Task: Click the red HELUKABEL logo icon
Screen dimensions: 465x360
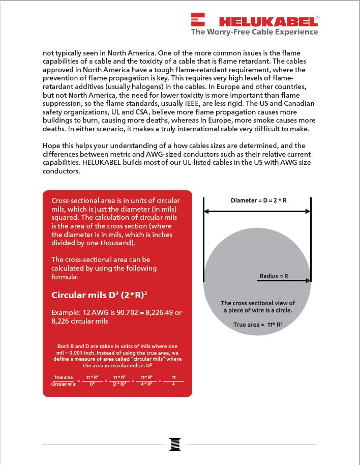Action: coord(197,20)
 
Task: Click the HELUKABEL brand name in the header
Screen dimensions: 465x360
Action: coord(266,21)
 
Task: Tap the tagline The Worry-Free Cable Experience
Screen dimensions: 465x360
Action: coord(254,32)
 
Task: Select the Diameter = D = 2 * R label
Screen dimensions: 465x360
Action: coord(259,200)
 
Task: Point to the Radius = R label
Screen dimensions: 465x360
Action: coord(274,276)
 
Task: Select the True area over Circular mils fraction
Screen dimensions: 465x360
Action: coord(64,381)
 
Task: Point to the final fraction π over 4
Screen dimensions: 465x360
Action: coord(173,381)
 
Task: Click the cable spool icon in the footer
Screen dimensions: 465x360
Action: coord(175,444)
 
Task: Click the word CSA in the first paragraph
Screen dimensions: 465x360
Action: coord(84,112)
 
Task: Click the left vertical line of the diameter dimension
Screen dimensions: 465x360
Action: coord(203,239)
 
